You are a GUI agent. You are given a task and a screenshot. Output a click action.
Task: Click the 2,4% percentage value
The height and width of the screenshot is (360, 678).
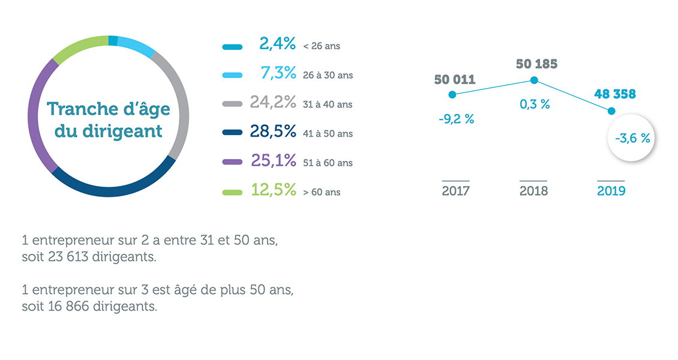click(278, 44)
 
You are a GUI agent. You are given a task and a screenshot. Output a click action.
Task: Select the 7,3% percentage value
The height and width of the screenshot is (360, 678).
click(278, 73)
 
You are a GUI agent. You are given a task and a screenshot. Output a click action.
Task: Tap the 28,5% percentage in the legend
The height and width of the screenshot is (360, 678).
click(273, 132)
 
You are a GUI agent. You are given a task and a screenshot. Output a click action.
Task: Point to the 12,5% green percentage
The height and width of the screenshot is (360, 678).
click(273, 190)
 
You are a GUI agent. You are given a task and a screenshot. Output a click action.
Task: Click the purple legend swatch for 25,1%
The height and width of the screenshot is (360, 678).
click(232, 163)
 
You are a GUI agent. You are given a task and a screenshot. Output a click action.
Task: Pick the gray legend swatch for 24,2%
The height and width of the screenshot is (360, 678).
click(232, 104)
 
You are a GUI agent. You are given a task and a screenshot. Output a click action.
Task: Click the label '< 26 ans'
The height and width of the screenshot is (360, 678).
click(322, 46)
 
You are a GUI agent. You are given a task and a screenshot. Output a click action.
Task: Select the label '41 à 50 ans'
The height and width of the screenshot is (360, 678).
click(328, 134)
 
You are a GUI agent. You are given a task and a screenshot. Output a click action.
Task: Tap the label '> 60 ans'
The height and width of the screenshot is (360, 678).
click(322, 192)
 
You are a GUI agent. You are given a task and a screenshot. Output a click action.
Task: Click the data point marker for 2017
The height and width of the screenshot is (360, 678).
click(452, 94)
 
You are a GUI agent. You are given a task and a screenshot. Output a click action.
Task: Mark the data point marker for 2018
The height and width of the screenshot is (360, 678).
click(533, 80)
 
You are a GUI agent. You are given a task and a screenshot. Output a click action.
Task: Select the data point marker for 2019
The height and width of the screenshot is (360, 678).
click(611, 110)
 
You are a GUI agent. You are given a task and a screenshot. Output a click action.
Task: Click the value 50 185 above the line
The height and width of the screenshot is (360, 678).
click(536, 64)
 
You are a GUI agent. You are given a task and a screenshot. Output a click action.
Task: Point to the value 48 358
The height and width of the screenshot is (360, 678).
click(614, 94)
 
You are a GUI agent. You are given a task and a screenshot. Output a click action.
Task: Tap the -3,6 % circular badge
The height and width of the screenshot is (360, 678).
click(632, 138)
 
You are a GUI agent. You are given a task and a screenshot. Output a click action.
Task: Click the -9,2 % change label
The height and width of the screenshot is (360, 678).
click(456, 119)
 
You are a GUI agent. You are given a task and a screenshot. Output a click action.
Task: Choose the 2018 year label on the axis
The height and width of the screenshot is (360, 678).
click(533, 191)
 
